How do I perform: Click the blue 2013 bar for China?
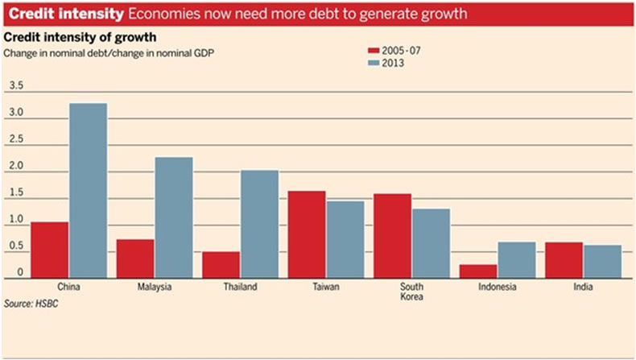tap(88, 191)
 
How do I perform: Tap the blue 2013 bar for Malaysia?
tap(174, 217)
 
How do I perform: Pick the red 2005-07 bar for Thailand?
tap(221, 265)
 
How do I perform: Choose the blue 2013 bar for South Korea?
tap(431, 243)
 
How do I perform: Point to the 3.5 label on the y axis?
tap(16, 86)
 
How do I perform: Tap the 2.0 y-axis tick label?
tap(16, 165)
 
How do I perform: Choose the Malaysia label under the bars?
tap(155, 287)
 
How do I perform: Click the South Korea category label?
tap(411, 292)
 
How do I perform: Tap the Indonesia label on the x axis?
tap(498, 287)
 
